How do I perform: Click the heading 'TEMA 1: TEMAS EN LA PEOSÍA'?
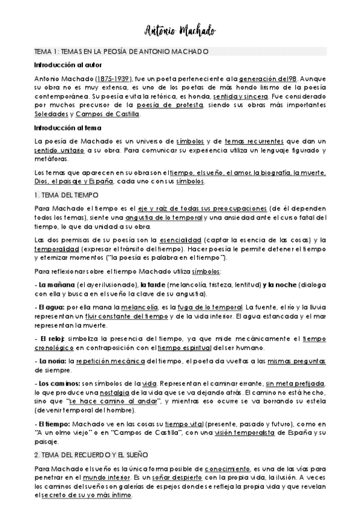point(121,52)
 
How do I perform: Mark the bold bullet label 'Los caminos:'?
point(57,384)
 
